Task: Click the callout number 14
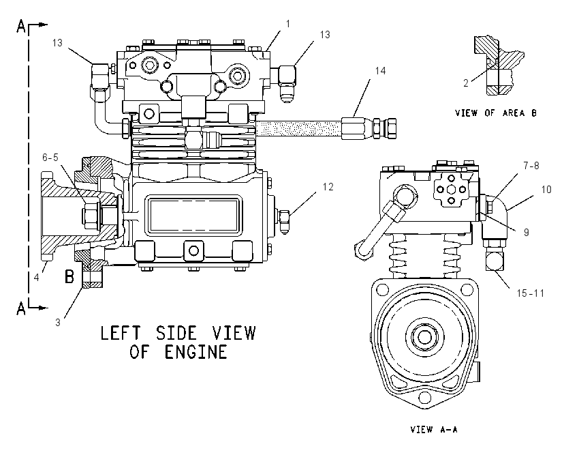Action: click(380, 71)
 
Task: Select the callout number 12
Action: click(328, 187)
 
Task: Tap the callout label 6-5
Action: click(50, 158)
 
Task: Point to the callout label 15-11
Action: click(530, 293)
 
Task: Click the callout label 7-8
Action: click(531, 166)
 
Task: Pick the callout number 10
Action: click(546, 190)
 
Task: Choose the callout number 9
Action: click(526, 232)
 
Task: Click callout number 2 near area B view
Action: click(466, 83)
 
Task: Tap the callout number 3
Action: click(58, 323)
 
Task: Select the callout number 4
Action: click(36, 277)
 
